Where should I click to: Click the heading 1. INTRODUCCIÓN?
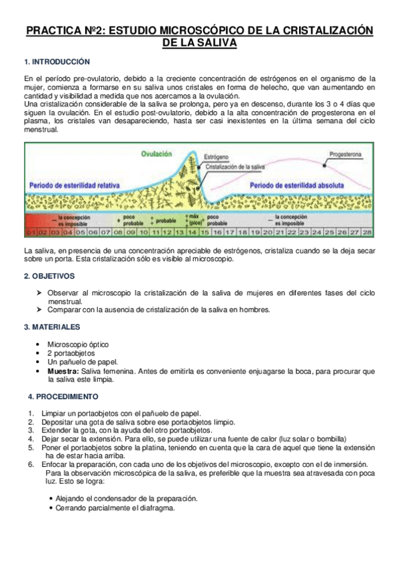57,62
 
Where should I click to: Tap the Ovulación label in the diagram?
156,154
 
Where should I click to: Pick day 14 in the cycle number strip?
193,232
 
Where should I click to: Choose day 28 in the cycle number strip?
365,232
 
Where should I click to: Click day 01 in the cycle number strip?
31,232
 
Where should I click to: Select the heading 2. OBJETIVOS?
50,275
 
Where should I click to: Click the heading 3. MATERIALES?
52,327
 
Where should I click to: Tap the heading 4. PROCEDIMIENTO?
63,396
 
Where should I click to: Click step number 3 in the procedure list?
31,430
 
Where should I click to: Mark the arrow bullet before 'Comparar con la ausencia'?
41,310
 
